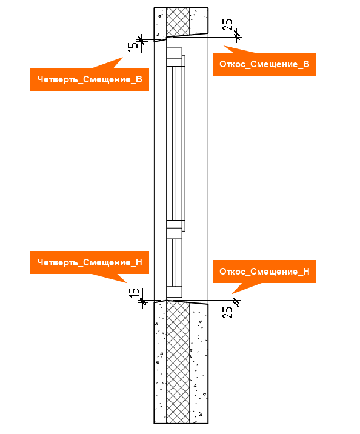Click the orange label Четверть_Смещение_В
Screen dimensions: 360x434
pyautogui.click(x=90, y=79)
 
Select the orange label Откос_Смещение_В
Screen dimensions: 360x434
pyautogui.click(x=264, y=64)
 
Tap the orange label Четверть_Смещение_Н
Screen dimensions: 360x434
pyautogui.click(x=90, y=262)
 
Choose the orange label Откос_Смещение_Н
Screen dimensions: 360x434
pyautogui.click(x=264, y=272)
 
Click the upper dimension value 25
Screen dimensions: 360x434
pyautogui.click(x=227, y=25)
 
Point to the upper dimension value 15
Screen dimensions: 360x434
pyautogui.click(x=133, y=46)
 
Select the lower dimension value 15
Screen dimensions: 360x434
pyautogui.click(x=134, y=293)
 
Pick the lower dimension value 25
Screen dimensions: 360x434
pyautogui.click(x=227, y=312)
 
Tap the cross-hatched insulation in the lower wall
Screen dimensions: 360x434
pyautogui.click(x=178, y=362)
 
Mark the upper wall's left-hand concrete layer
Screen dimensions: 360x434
pyautogui.click(x=160, y=24)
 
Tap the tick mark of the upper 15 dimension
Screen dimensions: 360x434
pyautogui.click(x=141, y=40)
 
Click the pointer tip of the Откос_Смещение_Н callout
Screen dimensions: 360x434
pyautogui.click(x=232, y=293)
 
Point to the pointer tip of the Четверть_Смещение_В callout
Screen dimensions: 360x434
pyautogui.click(x=122, y=58)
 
